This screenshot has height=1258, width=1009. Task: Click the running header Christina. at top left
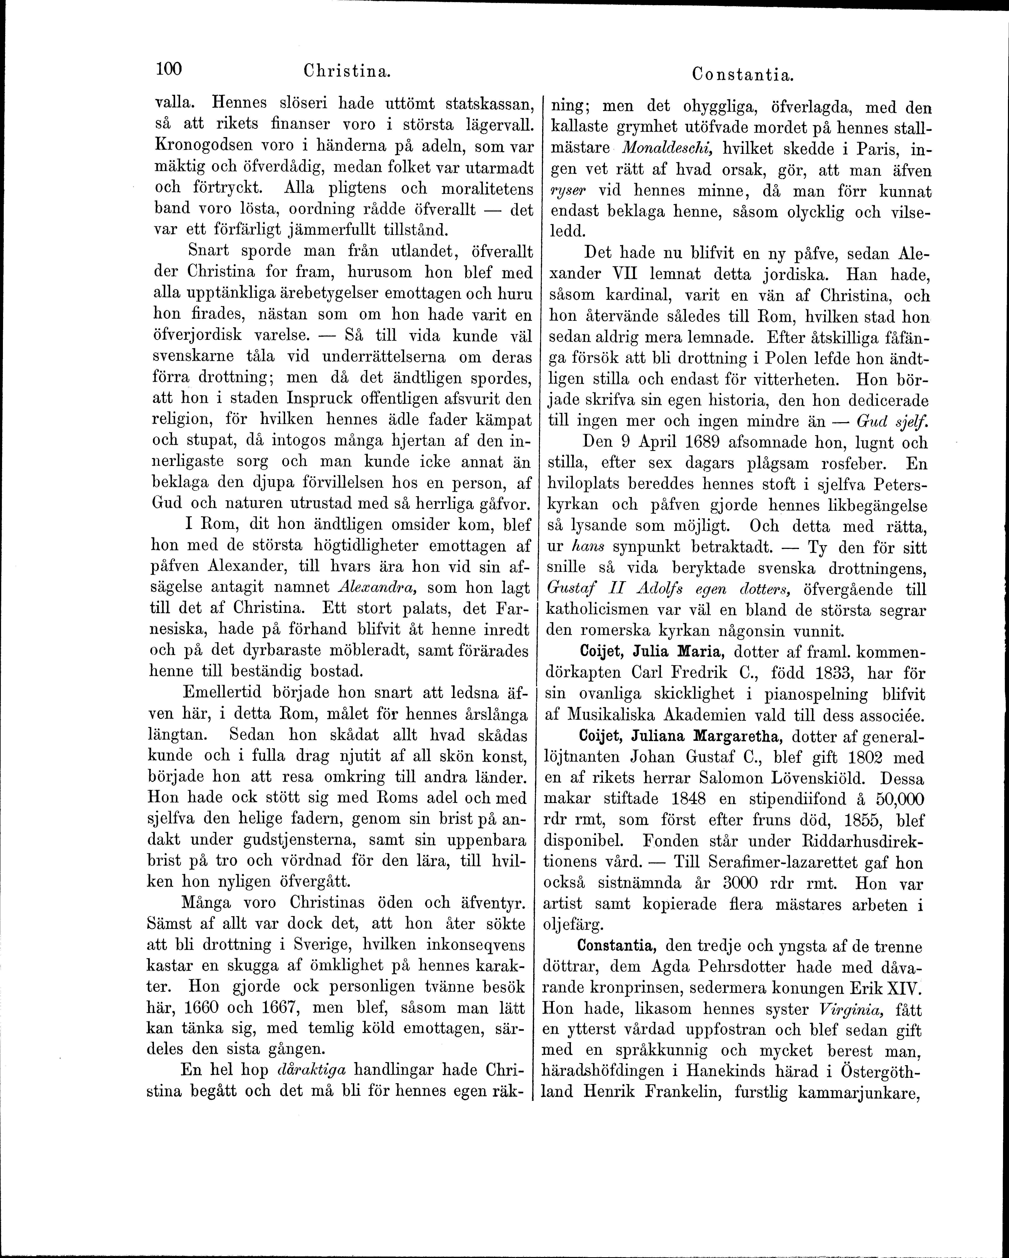pos(346,72)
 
